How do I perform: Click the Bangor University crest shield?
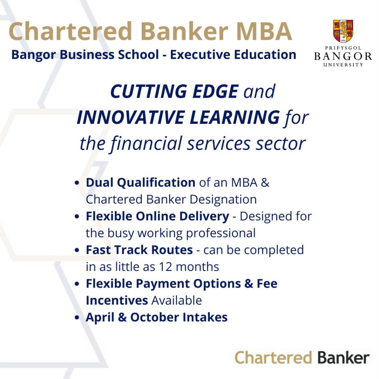pos(343,31)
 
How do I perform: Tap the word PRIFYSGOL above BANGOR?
pos(343,48)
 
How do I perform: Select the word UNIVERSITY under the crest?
pos(343,65)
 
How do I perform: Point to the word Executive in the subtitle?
pos(200,55)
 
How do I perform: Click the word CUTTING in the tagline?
pos(149,91)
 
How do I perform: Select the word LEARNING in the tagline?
pos(235,117)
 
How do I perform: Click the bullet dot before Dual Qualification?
pos(77,183)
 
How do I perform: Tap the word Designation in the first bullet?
pos(223,200)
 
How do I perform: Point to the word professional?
pos(221,234)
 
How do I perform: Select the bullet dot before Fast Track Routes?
pos(77,250)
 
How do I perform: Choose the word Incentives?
pos(117,301)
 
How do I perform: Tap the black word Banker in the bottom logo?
pos(343,358)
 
